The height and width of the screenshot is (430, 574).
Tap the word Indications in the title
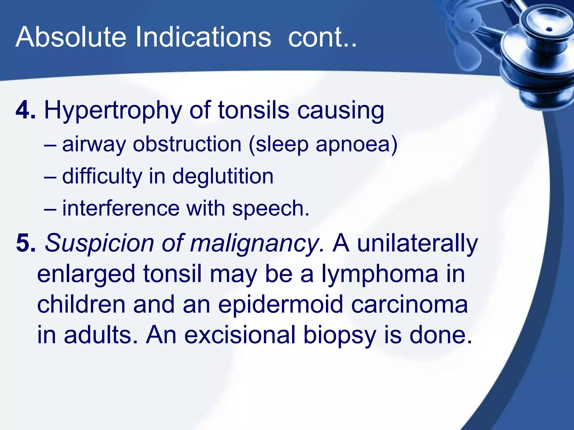[x=203, y=37]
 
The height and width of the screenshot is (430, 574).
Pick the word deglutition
[x=223, y=177]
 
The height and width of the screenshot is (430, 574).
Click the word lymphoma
[x=380, y=274]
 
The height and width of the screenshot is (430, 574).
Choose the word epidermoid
[x=280, y=305]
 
